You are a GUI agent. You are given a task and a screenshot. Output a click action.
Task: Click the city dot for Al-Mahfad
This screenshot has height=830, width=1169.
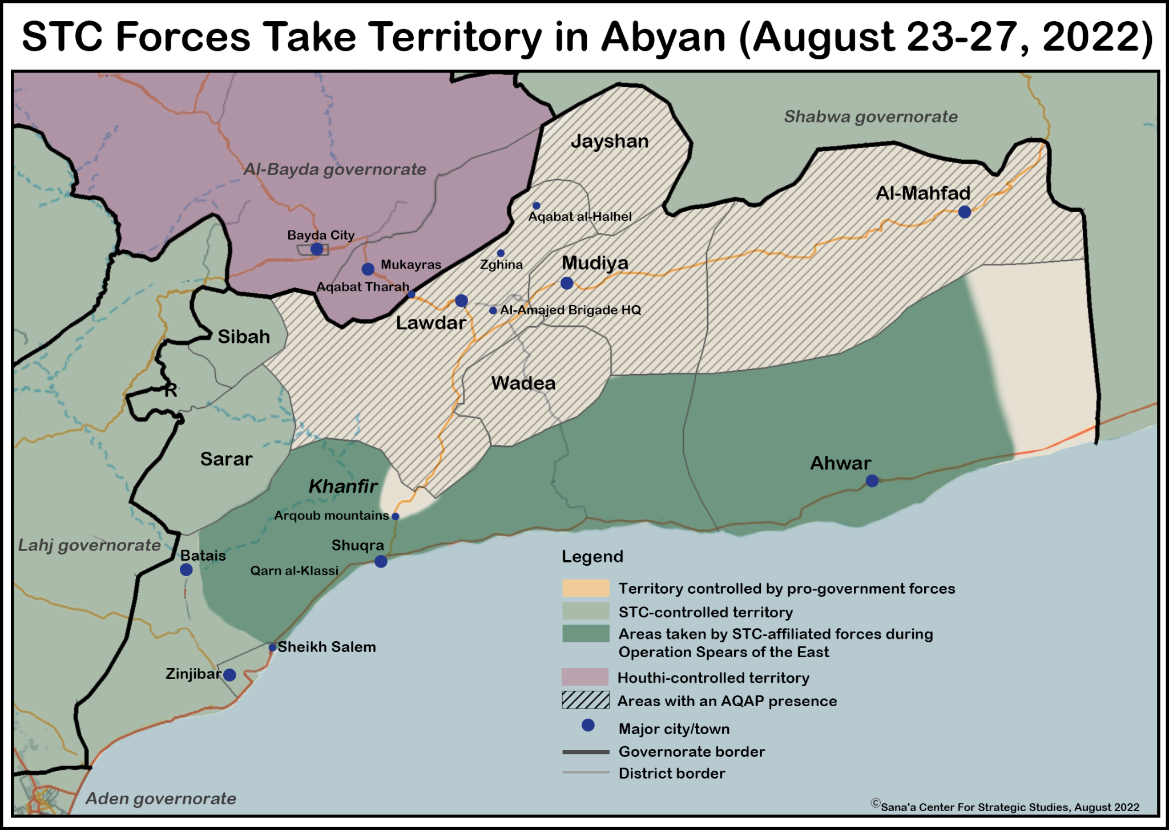click(965, 212)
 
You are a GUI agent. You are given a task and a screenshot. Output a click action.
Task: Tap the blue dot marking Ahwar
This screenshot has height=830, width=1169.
click(872, 481)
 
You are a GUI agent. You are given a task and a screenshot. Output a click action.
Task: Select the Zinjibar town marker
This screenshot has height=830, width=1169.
click(229, 675)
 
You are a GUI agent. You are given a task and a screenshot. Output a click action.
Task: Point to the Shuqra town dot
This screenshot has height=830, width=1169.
click(381, 561)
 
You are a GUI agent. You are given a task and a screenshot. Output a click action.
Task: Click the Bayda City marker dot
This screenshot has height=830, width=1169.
click(317, 249)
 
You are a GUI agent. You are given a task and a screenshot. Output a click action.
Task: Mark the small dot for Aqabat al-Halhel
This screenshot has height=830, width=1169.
click(536, 206)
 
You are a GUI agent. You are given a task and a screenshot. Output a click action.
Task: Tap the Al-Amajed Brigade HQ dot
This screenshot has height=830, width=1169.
click(493, 310)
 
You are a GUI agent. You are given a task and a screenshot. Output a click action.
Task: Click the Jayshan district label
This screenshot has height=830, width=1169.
click(609, 141)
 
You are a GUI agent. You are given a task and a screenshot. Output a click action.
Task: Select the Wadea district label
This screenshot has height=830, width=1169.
click(523, 383)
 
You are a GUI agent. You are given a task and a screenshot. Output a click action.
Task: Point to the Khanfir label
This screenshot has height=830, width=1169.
click(343, 486)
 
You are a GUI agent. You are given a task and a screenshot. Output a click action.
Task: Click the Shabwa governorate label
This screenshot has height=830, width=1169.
click(870, 116)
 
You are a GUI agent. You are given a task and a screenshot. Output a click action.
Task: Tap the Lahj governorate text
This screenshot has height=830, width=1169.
click(89, 545)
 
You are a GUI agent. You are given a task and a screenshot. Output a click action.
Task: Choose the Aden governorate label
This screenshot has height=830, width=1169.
click(160, 798)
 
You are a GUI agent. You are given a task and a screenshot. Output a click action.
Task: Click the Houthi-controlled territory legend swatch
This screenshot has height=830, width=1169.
click(585, 677)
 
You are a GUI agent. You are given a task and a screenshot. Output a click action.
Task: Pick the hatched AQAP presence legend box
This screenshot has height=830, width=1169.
click(585, 701)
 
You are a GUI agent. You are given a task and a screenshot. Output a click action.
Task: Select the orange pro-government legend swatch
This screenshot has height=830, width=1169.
click(585, 588)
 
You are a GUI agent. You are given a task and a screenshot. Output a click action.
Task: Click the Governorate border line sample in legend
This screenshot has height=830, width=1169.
click(585, 752)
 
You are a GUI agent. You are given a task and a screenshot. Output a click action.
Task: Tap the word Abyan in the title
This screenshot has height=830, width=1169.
click(663, 37)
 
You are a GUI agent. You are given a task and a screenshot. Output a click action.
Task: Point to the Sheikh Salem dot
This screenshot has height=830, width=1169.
click(272, 647)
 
